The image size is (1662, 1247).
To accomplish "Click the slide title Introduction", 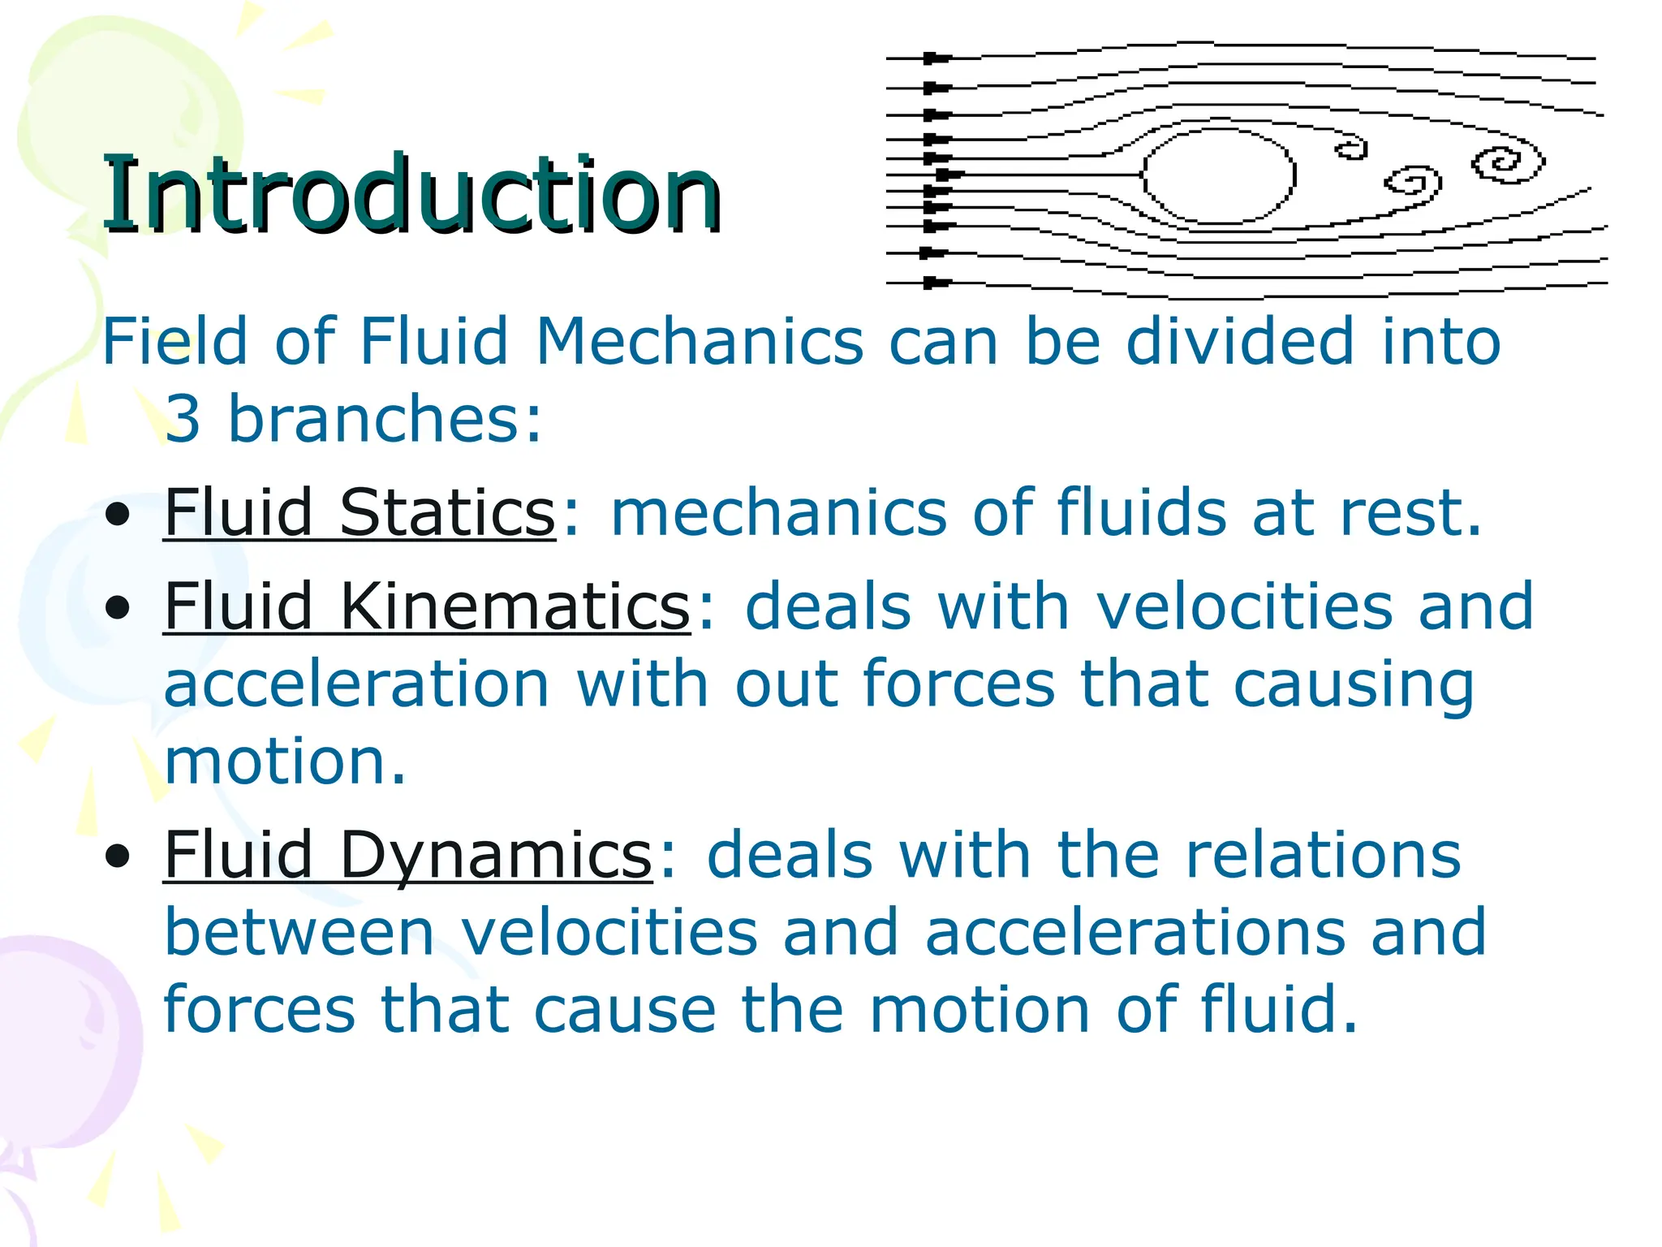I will click(411, 194).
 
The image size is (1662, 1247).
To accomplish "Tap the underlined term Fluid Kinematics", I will click(427, 606).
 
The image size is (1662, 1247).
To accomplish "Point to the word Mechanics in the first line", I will click(700, 342).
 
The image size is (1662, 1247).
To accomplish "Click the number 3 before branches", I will click(183, 419).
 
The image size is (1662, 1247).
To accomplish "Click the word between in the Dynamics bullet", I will click(299, 933).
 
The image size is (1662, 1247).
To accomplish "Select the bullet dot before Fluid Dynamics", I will click(118, 857).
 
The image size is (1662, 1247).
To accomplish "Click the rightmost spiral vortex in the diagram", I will click(1508, 164).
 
